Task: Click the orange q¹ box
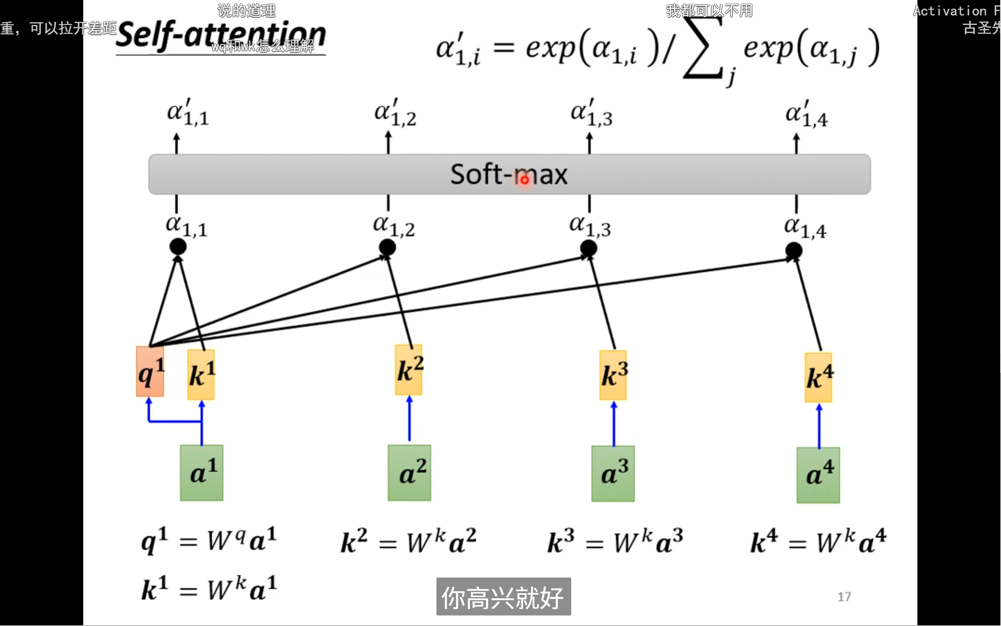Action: pyautogui.click(x=150, y=371)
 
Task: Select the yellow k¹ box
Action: pyautogui.click(x=201, y=374)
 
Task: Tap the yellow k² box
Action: pyautogui.click(x=409, y=369)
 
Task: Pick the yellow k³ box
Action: pyautogui.click(x=613, y=375)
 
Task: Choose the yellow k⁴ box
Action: pyautogui.click(x=818, y=377)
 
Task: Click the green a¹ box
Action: pyautogui.click(x=202, y=473)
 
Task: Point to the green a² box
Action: pyautogui.click(x=409, y=473)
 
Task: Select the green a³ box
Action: pyautogui.click(x=613, y=474)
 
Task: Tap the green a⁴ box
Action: pyautogui.click(x=818, y=475)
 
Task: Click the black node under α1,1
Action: pyautogui.click(x=178, y=247)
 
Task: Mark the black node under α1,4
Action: pyautogui.click(x=794, y=250)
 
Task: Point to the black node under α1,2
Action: pyautogui.click(x=387, y=248)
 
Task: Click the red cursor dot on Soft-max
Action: pyautogui.click(x=524, y=180)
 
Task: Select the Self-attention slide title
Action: pyautogui.click(x=221, y=36)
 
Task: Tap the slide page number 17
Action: pyautogui.click(x=844, y=597)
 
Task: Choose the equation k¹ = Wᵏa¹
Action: pyautogui.click(x=209, y=588)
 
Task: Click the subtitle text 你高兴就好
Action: pyautogui.click(x=503, y=597)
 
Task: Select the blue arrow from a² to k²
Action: pyautogui.click(x=409, y=418)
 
